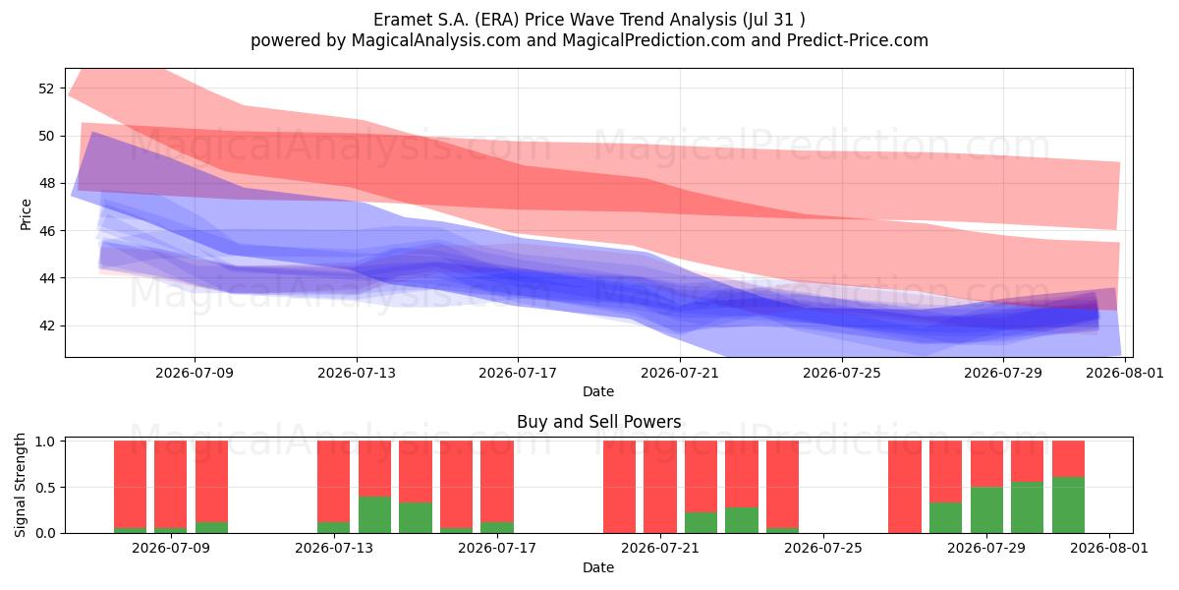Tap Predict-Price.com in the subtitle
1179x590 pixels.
point(858,40)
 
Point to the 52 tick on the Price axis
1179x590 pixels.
point(46,88)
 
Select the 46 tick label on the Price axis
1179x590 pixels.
point(46,231)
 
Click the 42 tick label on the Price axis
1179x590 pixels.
point(46,325)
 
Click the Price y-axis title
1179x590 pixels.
point(26,215)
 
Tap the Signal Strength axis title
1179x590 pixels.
point(20,485)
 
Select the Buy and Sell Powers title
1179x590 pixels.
point(599,422)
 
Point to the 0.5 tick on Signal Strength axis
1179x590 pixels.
point(45,488)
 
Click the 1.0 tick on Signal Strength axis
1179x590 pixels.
point(45,442)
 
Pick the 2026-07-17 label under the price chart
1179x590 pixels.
point(518,373)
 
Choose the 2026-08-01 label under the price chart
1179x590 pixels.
point(1125,373)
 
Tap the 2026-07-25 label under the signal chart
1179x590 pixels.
point(823,549)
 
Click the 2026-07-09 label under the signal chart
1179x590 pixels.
point(171,549)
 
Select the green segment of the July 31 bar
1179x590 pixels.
point(1069,505)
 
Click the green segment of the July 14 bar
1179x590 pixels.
point(374,514)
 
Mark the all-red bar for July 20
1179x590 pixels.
point(620,487)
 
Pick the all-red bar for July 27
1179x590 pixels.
point(905,487)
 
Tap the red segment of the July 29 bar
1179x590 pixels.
point(986,463)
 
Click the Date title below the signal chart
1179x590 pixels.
point(598,567)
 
